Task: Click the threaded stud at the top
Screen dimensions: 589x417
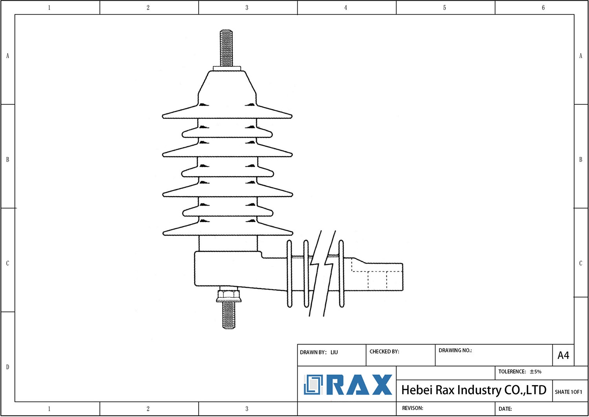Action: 226,48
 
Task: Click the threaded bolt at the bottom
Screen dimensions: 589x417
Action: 229,315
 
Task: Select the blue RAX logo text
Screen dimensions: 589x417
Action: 359,385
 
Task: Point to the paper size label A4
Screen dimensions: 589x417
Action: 563,355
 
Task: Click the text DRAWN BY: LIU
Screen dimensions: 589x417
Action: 319,352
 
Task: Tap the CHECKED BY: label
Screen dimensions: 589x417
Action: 384,351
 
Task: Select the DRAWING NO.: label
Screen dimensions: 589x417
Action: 455,350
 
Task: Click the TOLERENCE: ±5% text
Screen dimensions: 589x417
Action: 520,371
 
